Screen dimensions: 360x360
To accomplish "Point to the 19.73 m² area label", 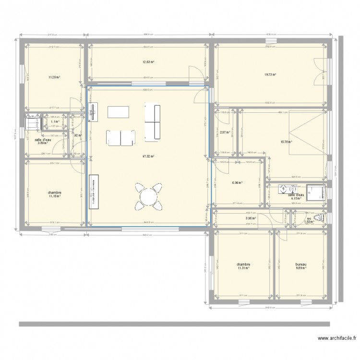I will (x=270, y=74).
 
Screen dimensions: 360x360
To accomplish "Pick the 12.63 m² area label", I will (x=147, y=62).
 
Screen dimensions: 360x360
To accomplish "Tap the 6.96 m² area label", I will (x=237, y=182).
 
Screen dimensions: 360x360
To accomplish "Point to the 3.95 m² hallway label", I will (x=250, y=218).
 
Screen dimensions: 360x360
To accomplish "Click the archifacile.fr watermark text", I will (x=333, y=338).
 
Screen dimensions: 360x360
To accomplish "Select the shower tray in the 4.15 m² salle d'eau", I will (x=316, y=191).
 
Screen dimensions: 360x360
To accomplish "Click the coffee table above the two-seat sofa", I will (x=119, y=112).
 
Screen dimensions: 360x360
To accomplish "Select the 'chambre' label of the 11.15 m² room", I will (x=55, y=193).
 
